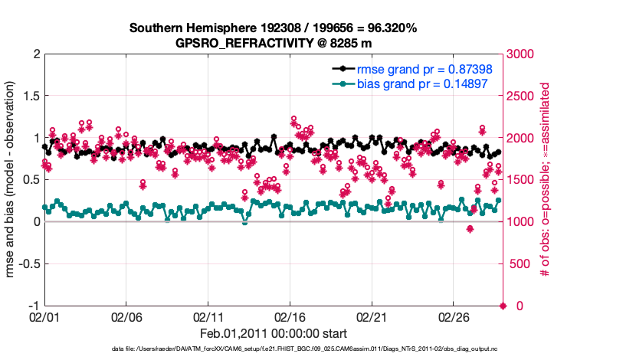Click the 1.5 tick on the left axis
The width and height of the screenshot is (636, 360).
click(30, 96)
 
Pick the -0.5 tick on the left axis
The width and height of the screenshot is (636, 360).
click(27, 264)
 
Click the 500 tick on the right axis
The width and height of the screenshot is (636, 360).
click(518, 264)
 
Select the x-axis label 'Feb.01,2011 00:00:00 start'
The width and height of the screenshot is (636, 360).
click(274, 334)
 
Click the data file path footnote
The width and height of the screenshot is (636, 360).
click(274, 349)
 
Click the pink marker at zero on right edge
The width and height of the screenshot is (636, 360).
click(503, 306)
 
